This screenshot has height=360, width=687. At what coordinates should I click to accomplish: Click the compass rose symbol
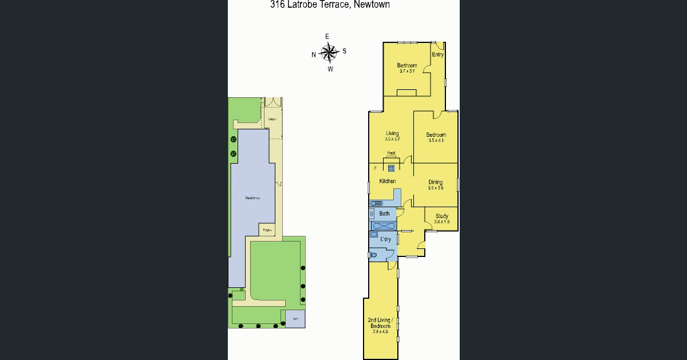[329, 53]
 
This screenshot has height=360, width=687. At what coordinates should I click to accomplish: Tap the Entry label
[438, 55]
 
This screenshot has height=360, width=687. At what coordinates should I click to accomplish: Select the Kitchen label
[388, 181]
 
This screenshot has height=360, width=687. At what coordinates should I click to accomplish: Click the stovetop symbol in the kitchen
[392, 168]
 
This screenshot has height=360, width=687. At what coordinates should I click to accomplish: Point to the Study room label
[441, 216]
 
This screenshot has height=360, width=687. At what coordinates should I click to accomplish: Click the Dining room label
[436, 183]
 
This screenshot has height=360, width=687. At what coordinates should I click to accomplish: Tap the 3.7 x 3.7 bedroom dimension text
[407, 71]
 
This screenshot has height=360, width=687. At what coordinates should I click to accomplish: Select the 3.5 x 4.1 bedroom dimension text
[436, 140]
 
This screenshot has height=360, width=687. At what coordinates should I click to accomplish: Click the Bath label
[385, 214]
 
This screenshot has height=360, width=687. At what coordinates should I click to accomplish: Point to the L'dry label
[386, 239]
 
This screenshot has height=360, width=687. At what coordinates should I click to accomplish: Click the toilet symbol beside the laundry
[373, 255]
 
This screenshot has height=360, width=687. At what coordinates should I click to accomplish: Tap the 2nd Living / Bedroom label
[380, 323]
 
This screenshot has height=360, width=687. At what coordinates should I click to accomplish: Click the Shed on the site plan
[295, 319]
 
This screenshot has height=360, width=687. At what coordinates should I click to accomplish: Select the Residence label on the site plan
[252, 198]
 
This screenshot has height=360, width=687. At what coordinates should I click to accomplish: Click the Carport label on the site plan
[272, 119]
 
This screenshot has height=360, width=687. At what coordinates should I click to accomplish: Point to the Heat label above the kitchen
[392, 153]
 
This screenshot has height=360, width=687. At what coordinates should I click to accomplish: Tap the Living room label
[392, 133]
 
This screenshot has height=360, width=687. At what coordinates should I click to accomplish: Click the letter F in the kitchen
[376, 168]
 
